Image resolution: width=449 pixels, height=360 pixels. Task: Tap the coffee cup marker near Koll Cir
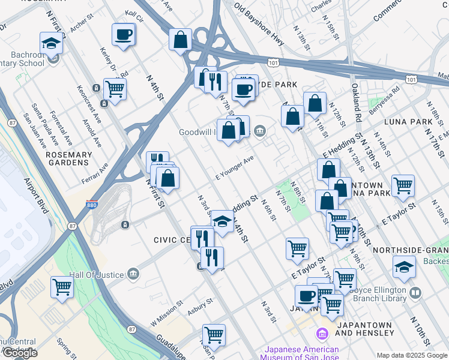point(124,34)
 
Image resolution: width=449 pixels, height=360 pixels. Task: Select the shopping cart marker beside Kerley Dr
point(115,89)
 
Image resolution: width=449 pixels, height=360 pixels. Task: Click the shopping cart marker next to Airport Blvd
point(62,287)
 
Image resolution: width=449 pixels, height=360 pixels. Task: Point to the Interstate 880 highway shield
point(92,205)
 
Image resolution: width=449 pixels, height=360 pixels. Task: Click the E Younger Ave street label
point(235,168)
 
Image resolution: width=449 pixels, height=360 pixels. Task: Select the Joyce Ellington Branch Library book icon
point(416,294)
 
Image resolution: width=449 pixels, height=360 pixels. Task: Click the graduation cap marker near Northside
point(404,267)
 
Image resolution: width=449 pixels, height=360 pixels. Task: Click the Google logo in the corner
point(20,353)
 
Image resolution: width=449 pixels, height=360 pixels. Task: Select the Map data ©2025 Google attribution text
point(411,355)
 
